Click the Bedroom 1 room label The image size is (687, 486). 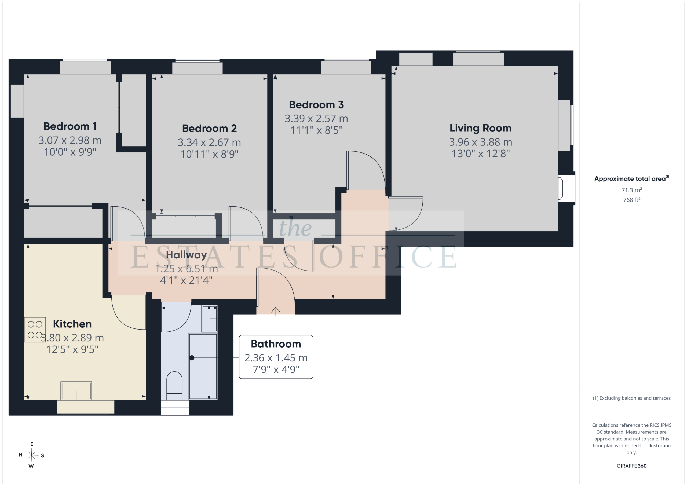70,126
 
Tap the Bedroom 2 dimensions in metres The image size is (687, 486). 209,142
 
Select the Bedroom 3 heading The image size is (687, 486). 316,105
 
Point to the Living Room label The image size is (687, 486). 481,128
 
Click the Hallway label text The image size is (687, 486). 187,255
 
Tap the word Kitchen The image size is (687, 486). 72,324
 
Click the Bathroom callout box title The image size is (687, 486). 276,344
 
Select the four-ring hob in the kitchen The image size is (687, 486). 35,330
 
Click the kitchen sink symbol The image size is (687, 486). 76,390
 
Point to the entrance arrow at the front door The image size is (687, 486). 276,312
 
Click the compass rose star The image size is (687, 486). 31,455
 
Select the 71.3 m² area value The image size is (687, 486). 631,190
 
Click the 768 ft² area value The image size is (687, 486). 631,200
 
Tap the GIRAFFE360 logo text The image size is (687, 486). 631,466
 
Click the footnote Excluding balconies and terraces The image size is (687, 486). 631,398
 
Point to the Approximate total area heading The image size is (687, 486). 631,179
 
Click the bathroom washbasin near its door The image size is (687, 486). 209,319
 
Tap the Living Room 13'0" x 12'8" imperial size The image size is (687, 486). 481,154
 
